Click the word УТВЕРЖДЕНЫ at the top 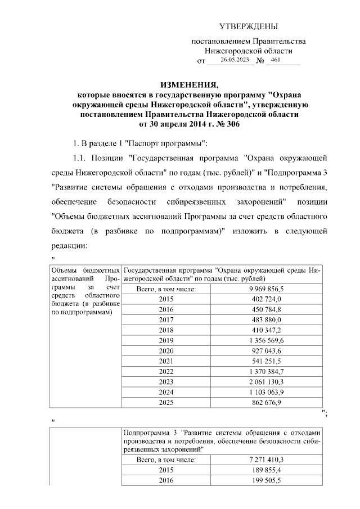click(248, 26)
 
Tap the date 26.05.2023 click(235, 60)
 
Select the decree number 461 click(276, 60)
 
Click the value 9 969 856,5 click(265, 289)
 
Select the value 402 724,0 click(265, 299)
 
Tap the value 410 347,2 click(265, 330)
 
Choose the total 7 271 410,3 click(265, 460)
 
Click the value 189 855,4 click(265, 470)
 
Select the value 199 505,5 click(265, 480)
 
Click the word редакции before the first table click(70, 246)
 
